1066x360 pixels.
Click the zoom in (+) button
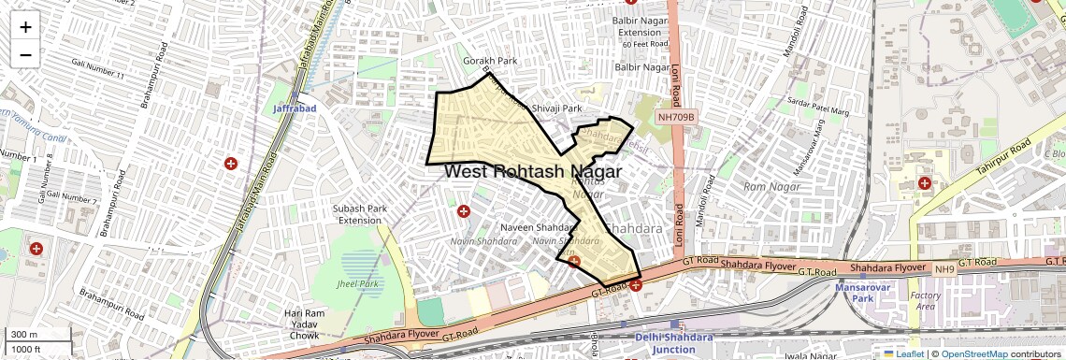click(x=25, y=27)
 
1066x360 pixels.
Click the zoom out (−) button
click(x=25, y=54)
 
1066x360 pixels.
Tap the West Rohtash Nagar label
click(x=533, y=171)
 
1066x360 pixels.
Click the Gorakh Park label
click(x=490, y=61)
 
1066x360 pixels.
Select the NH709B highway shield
click(x=675, y=117)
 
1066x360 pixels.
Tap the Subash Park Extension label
click(x=360, y=214)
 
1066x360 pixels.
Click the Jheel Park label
click(x=357, y=283)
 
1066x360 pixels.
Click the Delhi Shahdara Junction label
click(x=672, y=343)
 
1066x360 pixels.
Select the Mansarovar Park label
click(x=854, y=293)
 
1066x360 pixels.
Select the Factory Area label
click(x=926, y=300)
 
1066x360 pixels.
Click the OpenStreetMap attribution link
click(x=975, y=353)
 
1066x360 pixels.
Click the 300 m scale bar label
click(x=23, y=335)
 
